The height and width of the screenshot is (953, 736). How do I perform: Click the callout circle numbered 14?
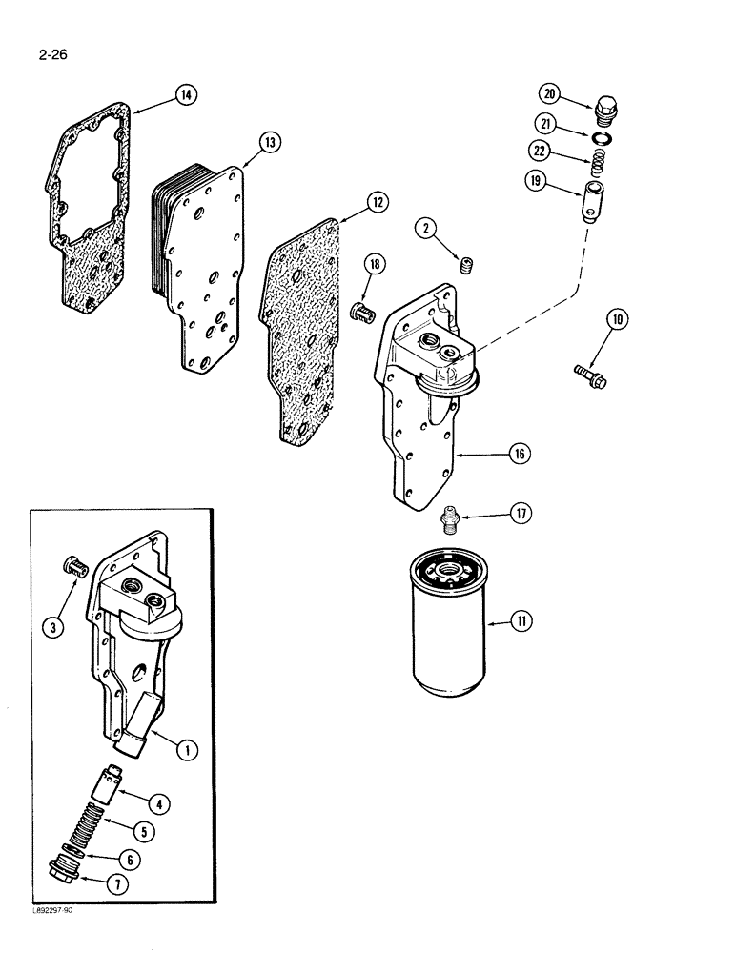coord(185,93)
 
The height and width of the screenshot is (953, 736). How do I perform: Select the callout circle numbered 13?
coord(270,142)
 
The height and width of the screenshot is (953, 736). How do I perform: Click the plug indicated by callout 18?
coord(362,312)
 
